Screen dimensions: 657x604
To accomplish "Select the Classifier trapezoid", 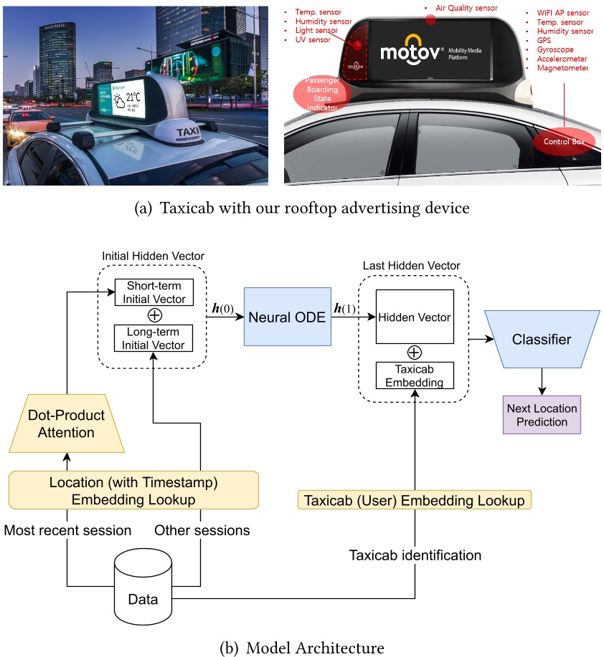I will pyautogui.click(x=542, y=339).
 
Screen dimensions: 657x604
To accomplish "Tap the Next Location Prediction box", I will pyautogui.click(x=542, y=415).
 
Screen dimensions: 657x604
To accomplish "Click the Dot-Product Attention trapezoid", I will pyautogui.click(x=66, y=423).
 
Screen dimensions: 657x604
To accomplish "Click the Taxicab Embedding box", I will pyautogui.click(x=414, y=376).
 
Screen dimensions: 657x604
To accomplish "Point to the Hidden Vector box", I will pyautogui.click(x=414, y=317).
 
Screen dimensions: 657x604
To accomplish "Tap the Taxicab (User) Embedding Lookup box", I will pyautogui.click(x=414, y=500).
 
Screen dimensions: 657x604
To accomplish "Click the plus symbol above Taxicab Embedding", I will pyautogui.click(x=414, y=353).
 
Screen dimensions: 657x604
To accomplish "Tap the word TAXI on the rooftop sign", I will pyautogui.click(x=188, y=133).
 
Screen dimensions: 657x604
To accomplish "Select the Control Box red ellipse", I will pyautogui.click(x=563, y=141).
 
